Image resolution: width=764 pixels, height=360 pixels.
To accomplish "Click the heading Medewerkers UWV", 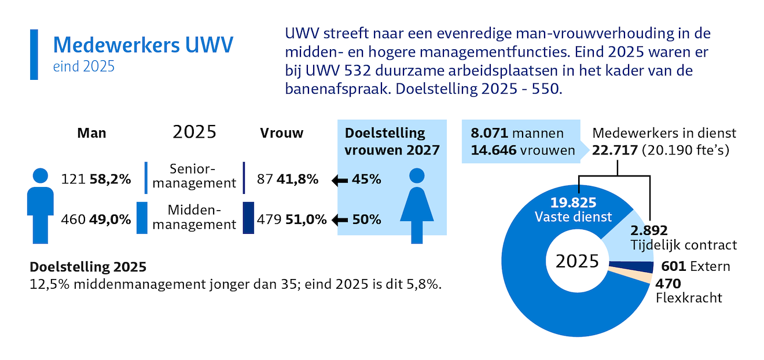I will coord(142,45).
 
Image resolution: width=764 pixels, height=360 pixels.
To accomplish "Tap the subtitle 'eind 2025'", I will coord(83,67).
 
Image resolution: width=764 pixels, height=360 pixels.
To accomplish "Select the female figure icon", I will coord(416,205).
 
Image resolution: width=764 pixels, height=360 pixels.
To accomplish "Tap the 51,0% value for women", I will coord(306,220).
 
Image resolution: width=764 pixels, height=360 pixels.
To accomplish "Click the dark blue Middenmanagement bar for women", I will coord(248,218).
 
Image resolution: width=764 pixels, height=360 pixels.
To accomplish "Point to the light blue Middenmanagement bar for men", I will coord(142,218).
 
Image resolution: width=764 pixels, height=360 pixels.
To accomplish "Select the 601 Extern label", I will coord(692,266).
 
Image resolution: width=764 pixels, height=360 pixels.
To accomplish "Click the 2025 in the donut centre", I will coord(577,262).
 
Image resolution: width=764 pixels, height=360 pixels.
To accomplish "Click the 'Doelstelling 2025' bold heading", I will coord(88,267).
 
